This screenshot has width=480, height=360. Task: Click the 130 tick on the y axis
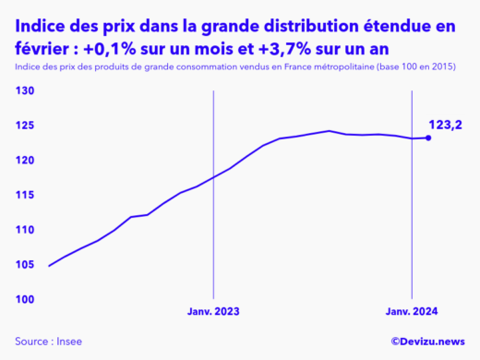pyautogui.click(x=25, y=91)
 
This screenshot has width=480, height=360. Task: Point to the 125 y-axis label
pyautogui.click(x=25, y=126)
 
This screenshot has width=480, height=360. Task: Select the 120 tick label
pyautogui.click(x=25, y=161)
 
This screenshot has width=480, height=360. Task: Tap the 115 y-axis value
pyautogui.click(x=25, y=196)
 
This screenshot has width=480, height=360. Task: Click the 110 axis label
pyautogui.click(x=25, y=230)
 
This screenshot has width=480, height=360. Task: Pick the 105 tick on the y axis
pyautogui.click(x=25, y=265)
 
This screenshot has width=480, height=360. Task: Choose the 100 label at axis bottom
pyautogui.click(x=25, y=299)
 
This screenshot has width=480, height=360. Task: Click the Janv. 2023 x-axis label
pyautogui.click(x=213, y=314)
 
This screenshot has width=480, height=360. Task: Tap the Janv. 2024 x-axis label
pyautogui.click(x=411, y=314)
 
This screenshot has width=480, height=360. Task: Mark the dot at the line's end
pyautogui.click(x=427, y=138)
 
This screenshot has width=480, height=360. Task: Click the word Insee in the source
pyautogui.click(x=69, y=342)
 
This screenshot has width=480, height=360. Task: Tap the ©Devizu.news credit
pyautogui.click(x=427, y=342)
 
